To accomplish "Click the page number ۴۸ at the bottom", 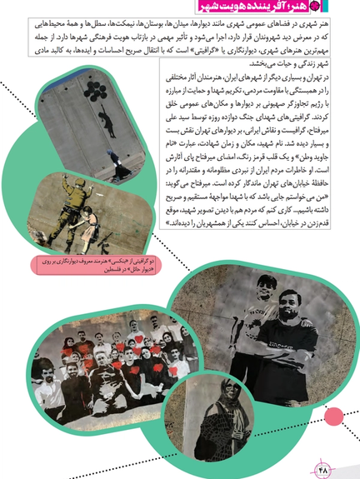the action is (324, 469).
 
